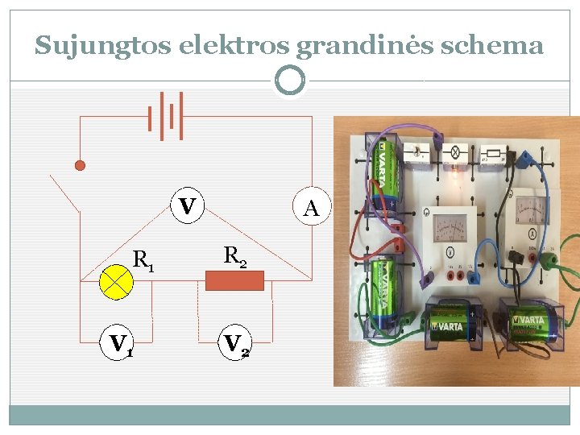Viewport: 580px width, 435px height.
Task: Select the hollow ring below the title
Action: pyautogui.click(x=289, y=80)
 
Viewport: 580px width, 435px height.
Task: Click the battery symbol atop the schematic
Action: pyautogui.click(x=166, y=115)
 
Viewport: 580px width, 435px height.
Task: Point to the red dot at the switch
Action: pyautogui.click(x=80, y=165)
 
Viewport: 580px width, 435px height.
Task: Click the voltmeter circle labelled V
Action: pyautogui.click(x=187, y=206)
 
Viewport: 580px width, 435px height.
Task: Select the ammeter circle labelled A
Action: pyautogui.click(x=311, y=208)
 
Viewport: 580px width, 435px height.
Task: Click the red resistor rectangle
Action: pyautogui.click(x=234, y=280)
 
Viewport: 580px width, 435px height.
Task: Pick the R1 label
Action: pyautogui.click(x=144, y=260)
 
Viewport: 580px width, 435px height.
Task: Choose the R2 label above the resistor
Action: pyautogui.click(x=235, y=256)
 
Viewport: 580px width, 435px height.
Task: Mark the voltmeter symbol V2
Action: pyautogui.click(x=235, y=344)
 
